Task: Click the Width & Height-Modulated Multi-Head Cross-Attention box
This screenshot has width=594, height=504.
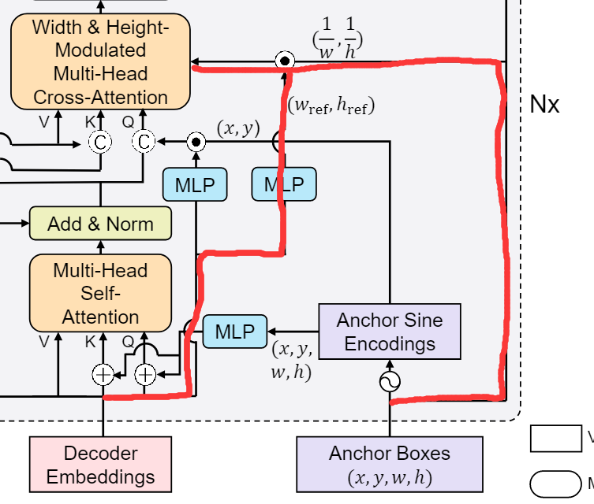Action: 100,61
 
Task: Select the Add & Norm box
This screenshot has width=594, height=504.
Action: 100,224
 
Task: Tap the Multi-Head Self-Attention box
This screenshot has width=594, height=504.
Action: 100,293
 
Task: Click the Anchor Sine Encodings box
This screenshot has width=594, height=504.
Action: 390,332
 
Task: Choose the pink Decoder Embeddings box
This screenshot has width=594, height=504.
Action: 100,465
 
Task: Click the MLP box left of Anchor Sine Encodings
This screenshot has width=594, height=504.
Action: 234,332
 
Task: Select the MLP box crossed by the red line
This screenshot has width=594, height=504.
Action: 284,184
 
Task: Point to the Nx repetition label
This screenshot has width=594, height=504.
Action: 544,104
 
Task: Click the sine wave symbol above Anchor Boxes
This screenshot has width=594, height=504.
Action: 390,382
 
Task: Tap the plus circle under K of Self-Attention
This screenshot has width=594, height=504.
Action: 103,375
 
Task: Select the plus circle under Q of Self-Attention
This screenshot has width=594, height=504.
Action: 145,375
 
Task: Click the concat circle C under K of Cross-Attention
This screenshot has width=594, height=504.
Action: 100,142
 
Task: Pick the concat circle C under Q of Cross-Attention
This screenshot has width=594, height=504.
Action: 144,142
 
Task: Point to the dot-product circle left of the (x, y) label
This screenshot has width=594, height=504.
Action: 195,142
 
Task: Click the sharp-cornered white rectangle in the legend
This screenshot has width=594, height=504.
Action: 555,439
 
